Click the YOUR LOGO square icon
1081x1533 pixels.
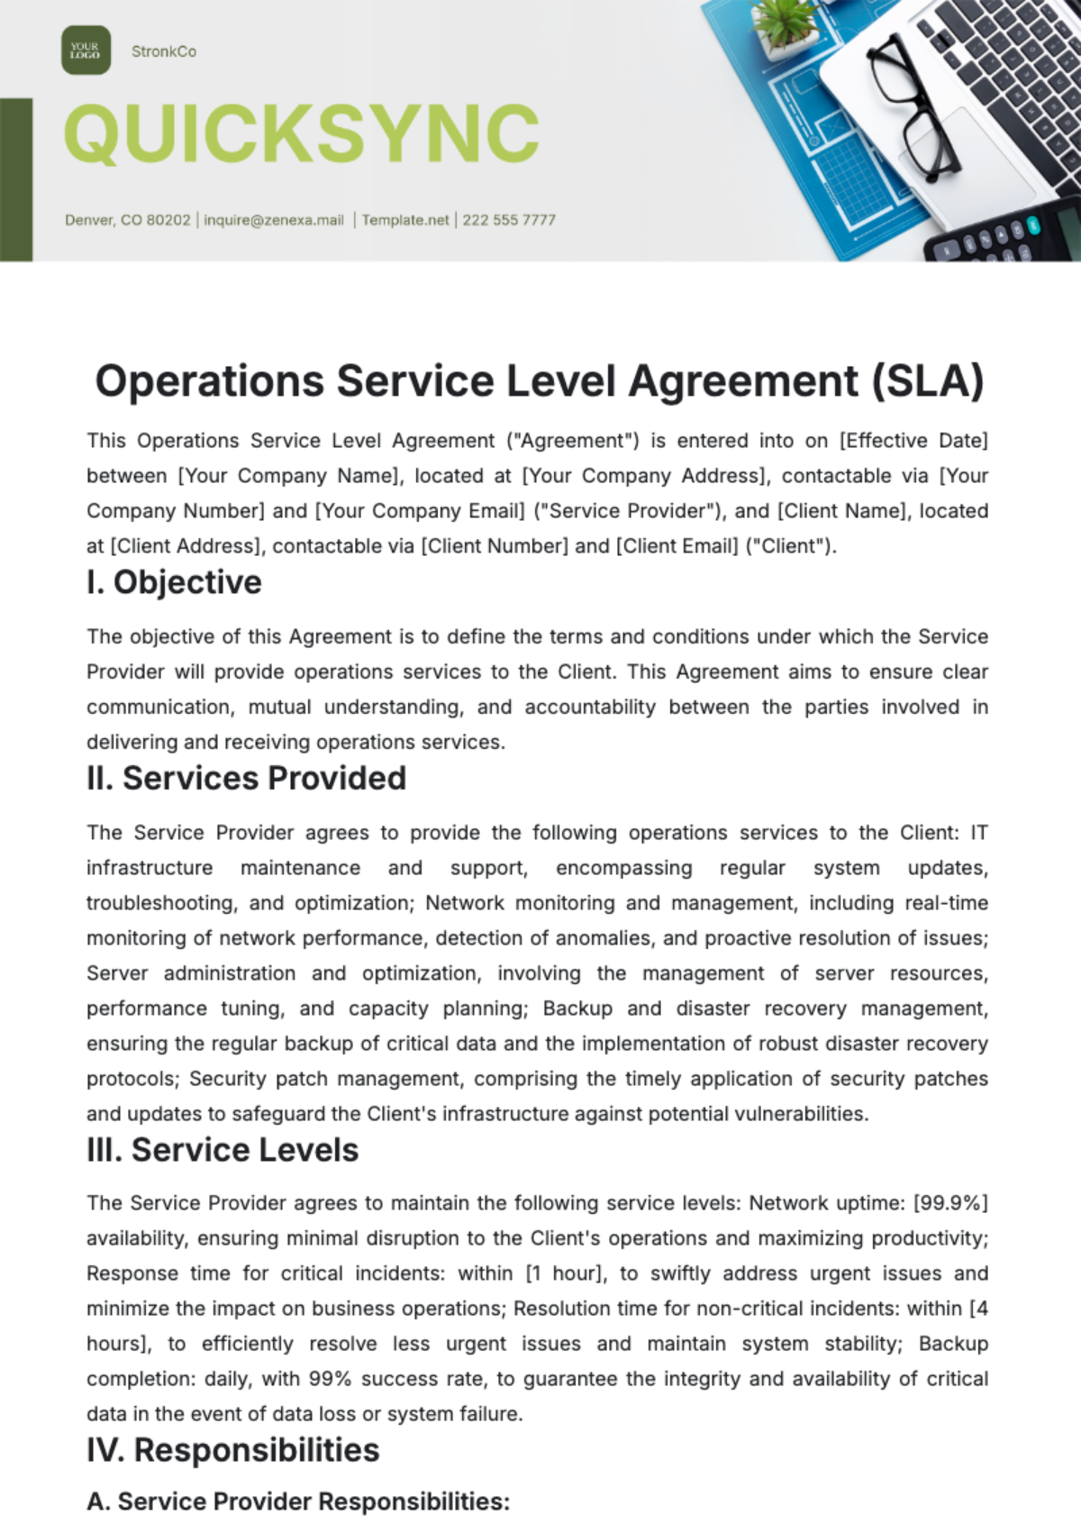coord(86,50)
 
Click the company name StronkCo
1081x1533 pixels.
coord(163,51)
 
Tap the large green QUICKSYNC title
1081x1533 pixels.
coord(302,134)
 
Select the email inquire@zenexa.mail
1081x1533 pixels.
coord(274,220)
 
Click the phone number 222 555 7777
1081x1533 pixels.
coord(509,220)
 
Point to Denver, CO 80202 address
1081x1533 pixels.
coord(127,220)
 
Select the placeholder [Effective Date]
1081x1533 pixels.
coord(913,441)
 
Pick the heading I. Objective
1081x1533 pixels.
coord(174,582)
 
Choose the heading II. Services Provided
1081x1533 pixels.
coord(246,778)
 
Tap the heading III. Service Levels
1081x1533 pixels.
coord(223,1150)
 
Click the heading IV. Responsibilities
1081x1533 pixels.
coord(232,1450)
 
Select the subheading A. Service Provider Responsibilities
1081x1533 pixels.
coord(298,1501)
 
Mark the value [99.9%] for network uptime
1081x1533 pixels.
coord(950,1203)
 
